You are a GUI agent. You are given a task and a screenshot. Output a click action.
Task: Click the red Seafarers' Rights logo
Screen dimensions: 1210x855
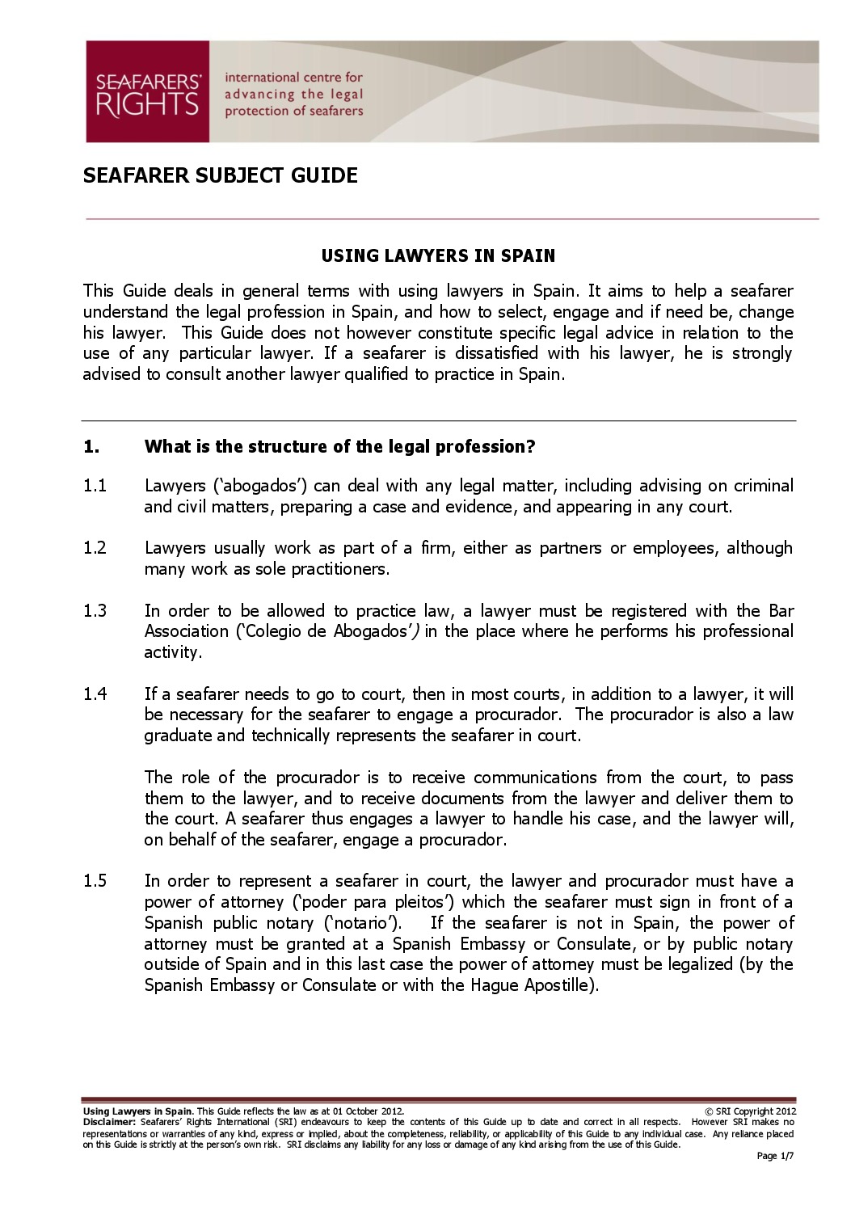[x=148, y=92]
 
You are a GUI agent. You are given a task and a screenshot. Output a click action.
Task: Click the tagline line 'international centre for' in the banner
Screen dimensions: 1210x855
[x=293, y=78]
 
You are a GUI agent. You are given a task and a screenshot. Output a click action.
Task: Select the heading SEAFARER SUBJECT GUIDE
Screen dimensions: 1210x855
[x=220, y=175]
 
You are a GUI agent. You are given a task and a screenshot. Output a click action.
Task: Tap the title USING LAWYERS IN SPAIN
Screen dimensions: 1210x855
[x=438, y=256]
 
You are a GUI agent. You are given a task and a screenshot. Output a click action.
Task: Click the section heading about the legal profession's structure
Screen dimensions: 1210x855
[x=340, y=447]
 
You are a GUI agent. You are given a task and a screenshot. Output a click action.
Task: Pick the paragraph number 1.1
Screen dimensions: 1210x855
[x=95, y=486]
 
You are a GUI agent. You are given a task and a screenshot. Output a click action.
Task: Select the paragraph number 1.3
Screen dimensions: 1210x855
[x=95, y=611]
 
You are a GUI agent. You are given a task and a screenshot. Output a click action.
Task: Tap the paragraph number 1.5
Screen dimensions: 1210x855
[x=95, y=881]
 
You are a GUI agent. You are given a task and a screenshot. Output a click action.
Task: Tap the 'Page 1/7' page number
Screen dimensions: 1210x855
[x=775, y=1156]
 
